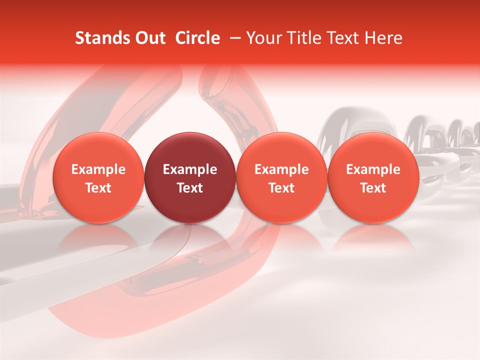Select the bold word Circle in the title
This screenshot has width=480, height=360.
[x=198, y=38]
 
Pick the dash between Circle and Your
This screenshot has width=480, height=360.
[x=233, y=38]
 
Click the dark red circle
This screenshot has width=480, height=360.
[x=190, y=177]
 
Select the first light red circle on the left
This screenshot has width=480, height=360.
[x=98, y=177]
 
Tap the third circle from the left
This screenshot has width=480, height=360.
[x=281, y=177]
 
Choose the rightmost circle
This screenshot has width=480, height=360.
[x=373, y=177]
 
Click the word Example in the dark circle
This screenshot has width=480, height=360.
[x=190, y=169]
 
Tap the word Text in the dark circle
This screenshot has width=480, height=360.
[x=190, y=188]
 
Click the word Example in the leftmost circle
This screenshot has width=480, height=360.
[x=98, y=169]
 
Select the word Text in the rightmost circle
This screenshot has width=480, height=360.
[x=373, y=188]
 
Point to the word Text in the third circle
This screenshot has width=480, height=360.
[x=281, y=188]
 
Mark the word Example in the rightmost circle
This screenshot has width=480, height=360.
[x=373, y=169]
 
